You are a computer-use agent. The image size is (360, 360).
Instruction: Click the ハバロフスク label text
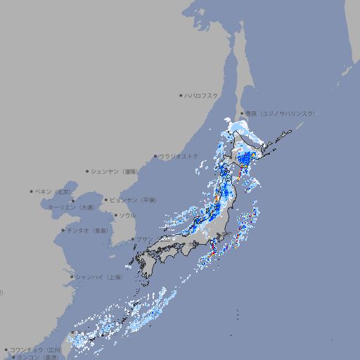[202, 96]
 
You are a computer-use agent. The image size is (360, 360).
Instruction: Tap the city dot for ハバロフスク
[181, 96]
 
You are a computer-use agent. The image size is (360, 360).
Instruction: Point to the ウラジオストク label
[179, 156]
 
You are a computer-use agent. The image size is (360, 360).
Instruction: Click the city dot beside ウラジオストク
[155, 157]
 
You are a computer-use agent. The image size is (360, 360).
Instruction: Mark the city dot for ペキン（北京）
[32, 191]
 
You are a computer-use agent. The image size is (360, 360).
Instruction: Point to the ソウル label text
[127, 215]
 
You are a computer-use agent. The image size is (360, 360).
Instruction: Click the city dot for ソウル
[115, 215]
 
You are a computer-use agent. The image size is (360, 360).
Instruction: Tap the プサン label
[143, 239]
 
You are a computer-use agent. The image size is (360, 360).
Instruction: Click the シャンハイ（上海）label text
[98, 277]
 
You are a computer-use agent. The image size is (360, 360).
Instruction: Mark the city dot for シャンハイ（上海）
[72, 277]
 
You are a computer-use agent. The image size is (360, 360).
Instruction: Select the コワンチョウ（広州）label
[36, 349]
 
